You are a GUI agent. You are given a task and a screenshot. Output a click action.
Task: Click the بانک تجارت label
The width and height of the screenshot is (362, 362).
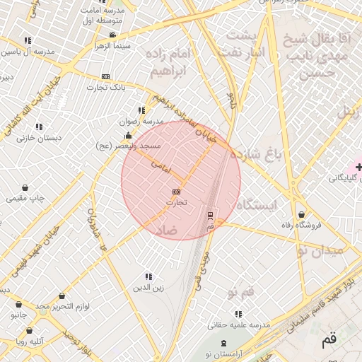coord(105,88)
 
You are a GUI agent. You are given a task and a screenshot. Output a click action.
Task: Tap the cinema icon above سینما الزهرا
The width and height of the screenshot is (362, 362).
coord(113,35)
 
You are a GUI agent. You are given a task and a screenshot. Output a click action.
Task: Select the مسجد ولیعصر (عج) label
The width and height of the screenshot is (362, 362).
coord(129,146)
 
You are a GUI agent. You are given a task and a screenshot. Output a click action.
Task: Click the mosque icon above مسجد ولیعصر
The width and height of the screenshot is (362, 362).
coord(128,135)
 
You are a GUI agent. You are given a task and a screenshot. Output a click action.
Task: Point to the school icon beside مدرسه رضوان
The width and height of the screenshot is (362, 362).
coord(141,110)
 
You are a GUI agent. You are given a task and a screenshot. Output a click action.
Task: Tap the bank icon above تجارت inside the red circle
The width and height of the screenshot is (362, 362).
coord(176,192)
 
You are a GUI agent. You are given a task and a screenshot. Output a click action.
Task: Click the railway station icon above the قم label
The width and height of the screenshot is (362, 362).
coord(210,214)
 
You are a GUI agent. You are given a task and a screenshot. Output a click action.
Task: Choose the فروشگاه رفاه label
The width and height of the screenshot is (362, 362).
coord(301,225)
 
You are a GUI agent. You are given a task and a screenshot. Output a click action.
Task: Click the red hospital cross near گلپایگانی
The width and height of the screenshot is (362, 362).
coord(359,168)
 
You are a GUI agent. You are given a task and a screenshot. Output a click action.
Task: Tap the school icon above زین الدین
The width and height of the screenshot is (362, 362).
coord(148,276)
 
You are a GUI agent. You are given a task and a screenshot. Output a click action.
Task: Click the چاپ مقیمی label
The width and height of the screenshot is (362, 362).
coord(25,199)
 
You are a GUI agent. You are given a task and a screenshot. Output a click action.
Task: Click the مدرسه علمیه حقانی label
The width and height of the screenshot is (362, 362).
coord(239,325)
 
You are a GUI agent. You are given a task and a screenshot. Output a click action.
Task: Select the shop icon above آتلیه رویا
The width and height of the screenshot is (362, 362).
coord(29,330)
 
